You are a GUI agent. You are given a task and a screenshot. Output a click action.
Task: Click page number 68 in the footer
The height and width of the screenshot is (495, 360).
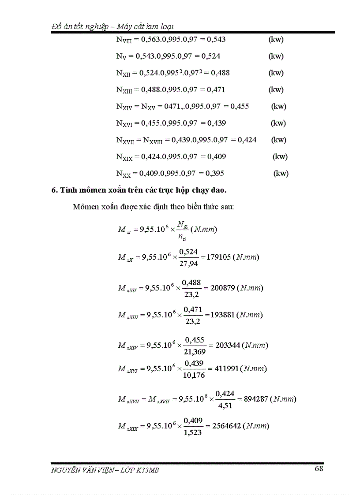pos(319,469)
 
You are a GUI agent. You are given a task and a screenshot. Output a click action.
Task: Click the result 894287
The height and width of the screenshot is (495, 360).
pos(253,399)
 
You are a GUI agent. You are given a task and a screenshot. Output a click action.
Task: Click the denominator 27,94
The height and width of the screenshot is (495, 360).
pos(191,264)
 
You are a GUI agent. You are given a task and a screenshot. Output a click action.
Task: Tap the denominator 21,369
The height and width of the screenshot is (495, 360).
pos(196,352)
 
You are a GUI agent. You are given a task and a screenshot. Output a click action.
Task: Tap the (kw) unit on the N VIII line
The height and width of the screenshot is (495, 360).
pos(276,40)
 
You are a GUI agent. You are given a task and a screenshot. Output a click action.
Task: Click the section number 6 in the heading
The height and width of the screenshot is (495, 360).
pos(54,190)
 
